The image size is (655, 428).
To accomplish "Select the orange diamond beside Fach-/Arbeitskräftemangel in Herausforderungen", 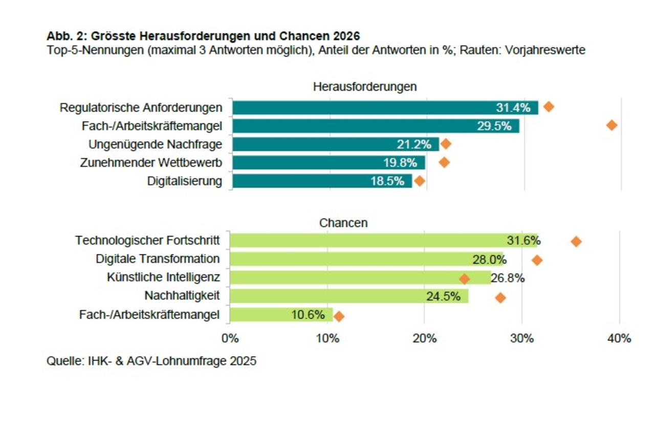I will [611, 125].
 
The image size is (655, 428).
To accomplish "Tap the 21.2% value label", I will [414, 144].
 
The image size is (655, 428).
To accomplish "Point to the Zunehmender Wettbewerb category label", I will [151, 163].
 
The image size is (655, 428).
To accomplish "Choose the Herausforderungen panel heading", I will [365, 87].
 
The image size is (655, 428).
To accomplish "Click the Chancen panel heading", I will [343, 223].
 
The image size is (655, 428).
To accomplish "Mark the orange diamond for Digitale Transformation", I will [537, 260].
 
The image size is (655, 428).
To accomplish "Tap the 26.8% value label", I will [508, 279].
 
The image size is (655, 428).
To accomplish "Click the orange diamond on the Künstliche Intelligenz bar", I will [465, 279].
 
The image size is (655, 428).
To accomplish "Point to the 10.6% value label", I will [308, 315].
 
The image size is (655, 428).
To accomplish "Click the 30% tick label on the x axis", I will [521, 338].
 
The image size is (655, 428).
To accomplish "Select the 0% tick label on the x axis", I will [230, 338].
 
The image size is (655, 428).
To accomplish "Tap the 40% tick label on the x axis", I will [619, 338].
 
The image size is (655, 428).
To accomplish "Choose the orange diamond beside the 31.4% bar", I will [549, 107].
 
